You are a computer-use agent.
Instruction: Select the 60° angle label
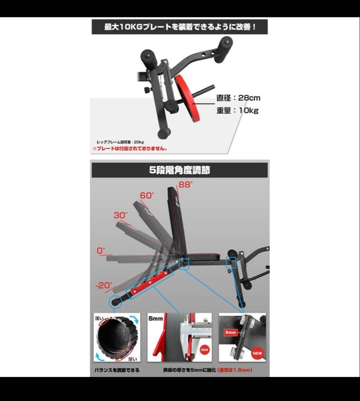(147, 196)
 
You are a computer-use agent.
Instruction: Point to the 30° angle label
(121, 215)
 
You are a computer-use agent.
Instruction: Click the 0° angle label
(101, 251)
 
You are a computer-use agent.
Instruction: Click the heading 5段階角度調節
(180, 170)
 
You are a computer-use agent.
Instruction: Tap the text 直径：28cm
(239, 98)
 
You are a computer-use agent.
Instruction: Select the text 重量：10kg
(238, 111)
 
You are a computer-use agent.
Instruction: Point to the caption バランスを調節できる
(117, 370)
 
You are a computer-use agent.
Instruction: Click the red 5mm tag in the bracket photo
(230, 333)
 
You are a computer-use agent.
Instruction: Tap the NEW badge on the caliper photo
(204, 350)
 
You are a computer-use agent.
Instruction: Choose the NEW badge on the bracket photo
(257, 353)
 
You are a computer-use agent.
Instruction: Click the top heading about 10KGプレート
(180, 27)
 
